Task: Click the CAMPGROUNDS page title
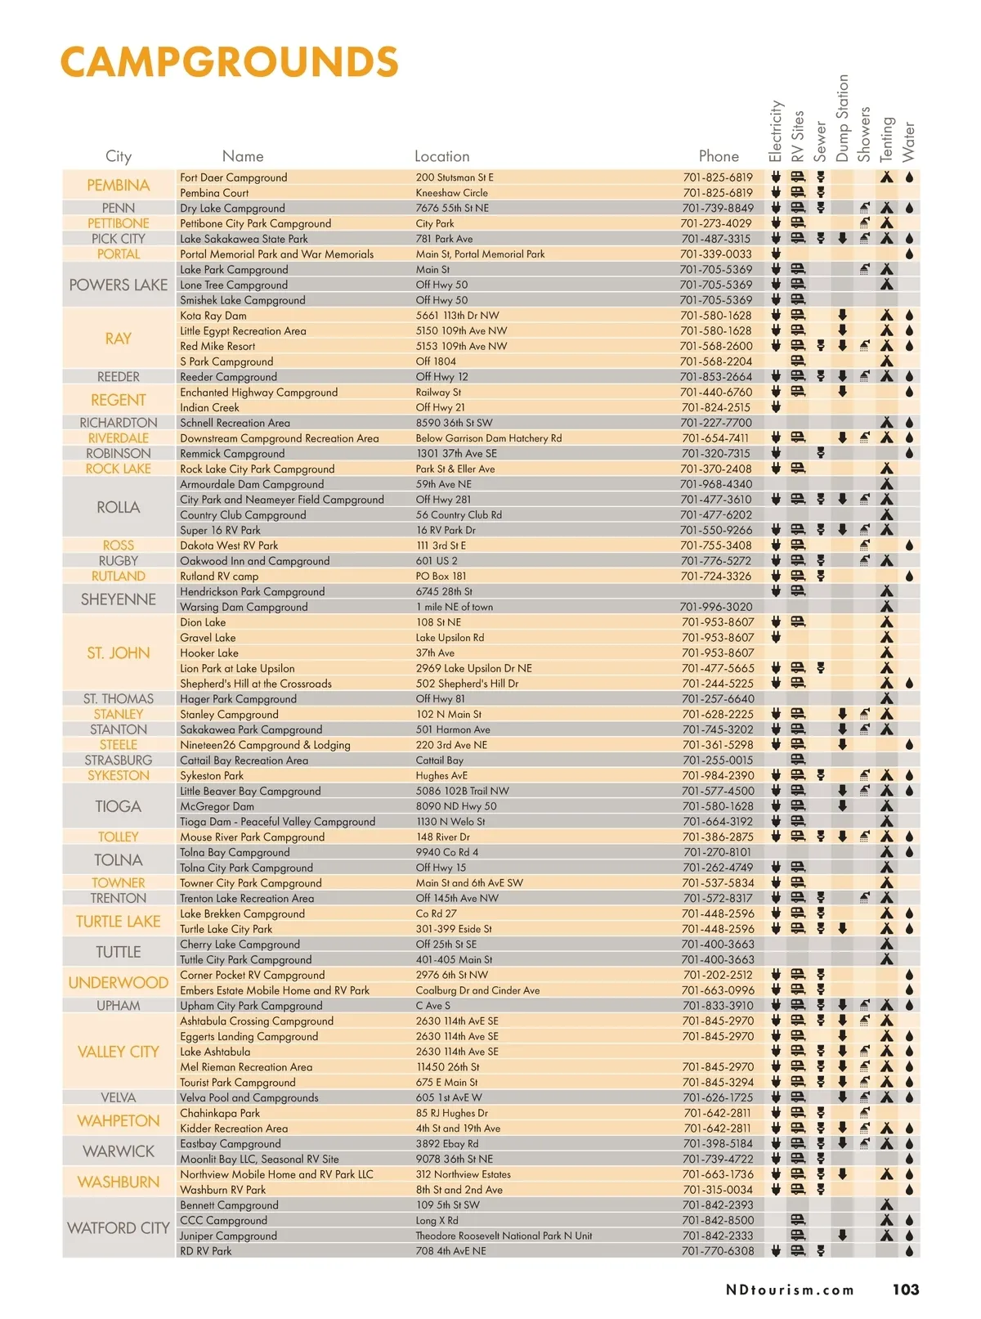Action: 230,63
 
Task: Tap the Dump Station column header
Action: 842,119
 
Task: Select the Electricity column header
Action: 775,131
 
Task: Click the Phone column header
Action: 719,156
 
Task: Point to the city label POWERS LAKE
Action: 119,285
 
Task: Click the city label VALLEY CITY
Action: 119,1052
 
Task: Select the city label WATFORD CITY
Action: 119,1228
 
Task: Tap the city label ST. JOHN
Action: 119,653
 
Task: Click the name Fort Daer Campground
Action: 234,177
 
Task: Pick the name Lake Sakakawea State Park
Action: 244,239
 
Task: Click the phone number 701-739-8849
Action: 717,209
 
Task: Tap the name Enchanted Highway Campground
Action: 258,393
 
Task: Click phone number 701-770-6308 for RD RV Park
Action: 717,1251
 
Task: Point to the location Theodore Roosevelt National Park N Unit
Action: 504,1236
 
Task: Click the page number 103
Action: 906,1290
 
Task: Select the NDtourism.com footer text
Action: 790,1290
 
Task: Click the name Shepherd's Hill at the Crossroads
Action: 256,684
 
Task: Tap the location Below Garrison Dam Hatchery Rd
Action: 489,438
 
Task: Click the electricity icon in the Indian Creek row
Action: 776,407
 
